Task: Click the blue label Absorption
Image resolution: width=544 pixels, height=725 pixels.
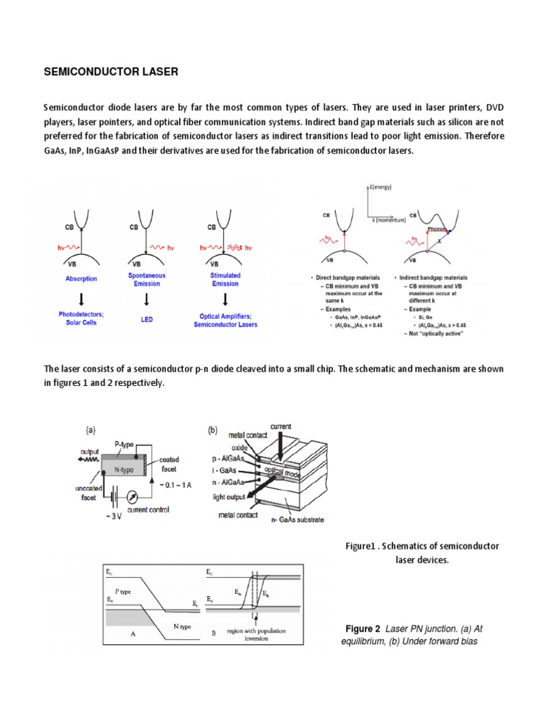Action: click(80, 279)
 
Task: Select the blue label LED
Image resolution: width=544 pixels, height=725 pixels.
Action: click(147, 319)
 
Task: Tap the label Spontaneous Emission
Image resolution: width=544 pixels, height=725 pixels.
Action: click(147, 279)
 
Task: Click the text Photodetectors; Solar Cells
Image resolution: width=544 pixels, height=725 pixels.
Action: click(79, 319)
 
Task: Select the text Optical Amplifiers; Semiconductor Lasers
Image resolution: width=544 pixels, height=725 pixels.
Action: click(226, 319)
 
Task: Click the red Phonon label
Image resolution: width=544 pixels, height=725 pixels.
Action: click(436, 229)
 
